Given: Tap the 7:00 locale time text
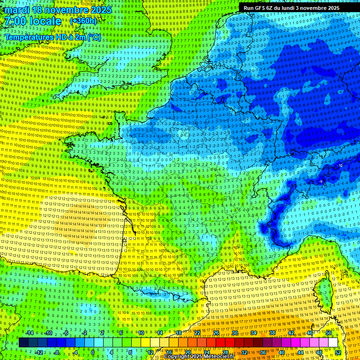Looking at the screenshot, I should click(x=33, y=21).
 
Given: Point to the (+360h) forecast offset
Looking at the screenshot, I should click(x=83, y=21).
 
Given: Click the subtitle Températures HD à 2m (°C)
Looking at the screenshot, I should click(x=52, y=37).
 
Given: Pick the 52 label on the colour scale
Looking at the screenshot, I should click(x=338, y=352).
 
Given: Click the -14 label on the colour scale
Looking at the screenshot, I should click(x=29, y=333).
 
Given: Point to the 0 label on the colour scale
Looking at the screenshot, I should click(x=93, y=352).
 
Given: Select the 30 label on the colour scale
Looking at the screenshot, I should click(x=234, y=333).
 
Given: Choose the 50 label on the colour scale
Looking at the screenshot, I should click(x=328, y=333).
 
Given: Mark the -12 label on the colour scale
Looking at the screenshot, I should click(x=39, y=352).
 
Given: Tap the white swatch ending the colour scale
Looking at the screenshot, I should click(x=333, y=343).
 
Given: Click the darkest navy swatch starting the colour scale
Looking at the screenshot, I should click(x=23, y=343).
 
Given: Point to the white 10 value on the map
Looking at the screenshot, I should click(x=340, y=165).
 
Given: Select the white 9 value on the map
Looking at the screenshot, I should click(x=321, y=181).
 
